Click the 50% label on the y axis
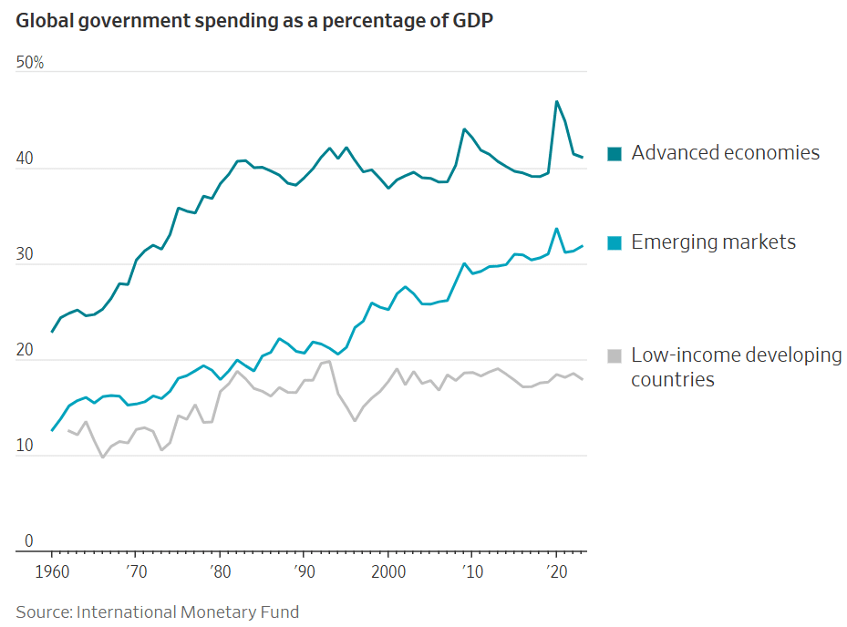30,63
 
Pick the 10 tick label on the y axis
25,447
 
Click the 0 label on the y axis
29,541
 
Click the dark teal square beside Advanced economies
615,154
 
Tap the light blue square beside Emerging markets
615,243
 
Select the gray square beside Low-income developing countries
615,356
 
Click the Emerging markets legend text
713,242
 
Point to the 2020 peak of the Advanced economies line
556,101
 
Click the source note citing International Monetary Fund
157,612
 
